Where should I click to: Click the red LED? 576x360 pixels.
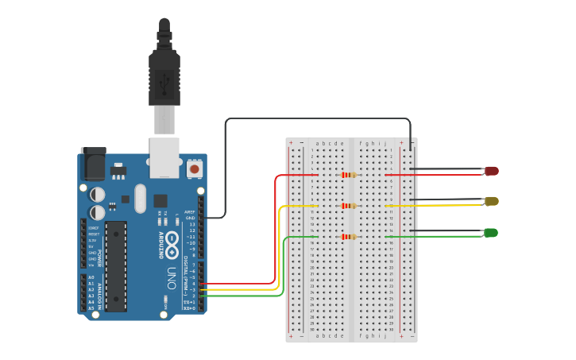coord(492,171)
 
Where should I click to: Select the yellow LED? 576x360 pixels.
coord(492,201)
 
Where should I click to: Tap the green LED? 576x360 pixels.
coord(491,232)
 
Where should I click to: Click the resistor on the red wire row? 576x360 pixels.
coord(348,175)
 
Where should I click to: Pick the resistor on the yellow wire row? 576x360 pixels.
coord(348,206)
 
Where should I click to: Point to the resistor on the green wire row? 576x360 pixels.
coord(348,236)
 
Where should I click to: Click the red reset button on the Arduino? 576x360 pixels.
coord(194,168)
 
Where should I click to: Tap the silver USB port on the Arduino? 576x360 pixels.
coord(164,157)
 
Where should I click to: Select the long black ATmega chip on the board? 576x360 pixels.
coord(116,265)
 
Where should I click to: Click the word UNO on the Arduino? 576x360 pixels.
coord(171,279)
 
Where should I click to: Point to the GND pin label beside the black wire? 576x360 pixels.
coord(190,218)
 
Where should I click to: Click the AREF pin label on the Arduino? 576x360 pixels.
coord(189,212)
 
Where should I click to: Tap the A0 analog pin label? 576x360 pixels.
coord(91,277)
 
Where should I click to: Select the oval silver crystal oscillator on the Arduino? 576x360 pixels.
coord(141,199)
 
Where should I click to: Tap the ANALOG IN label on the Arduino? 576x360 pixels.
coord(100,292)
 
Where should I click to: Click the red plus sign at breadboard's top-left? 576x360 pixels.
coord(291,143)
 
